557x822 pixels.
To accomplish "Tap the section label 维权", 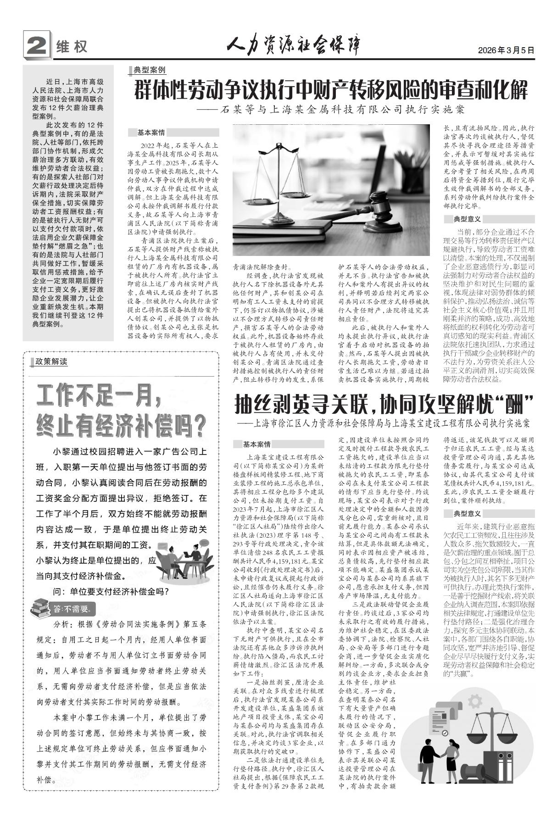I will click(x=72, y=47).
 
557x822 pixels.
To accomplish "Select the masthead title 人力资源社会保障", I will click(x=294, y=46).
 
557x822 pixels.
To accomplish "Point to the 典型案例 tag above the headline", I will click(x=150, y=70).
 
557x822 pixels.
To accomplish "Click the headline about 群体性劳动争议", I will click(x=330, y=90).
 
